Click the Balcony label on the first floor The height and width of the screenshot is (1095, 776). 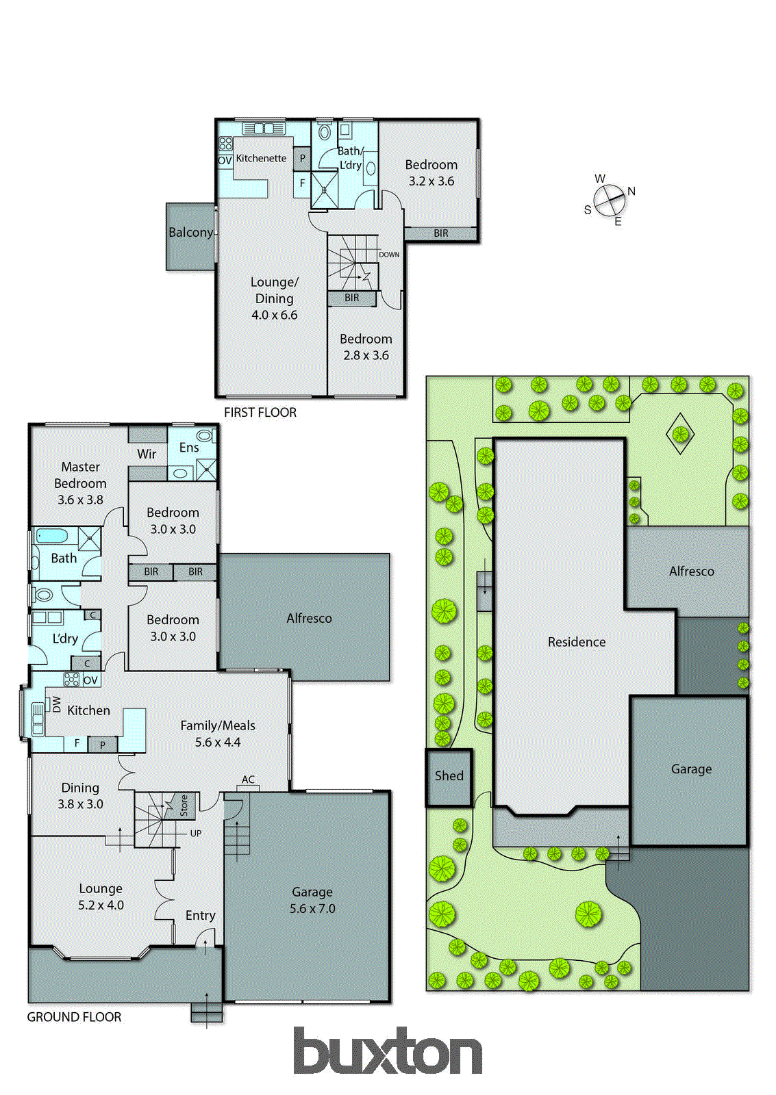pyautogui.click(x=190, y=233)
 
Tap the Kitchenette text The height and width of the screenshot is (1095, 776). pyautogui.click(x=261, y=158)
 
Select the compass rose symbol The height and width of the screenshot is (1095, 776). pyautogui.click(x=609, y=201)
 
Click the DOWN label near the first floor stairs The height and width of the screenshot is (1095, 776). pyautogui.click(x=389, y=255)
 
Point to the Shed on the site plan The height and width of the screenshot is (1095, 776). pyautogui.click(x=449, y=776)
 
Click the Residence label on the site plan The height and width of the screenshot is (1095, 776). pyautogui.click(x=577, y=642)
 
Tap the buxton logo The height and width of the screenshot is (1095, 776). pyautogui.click(x=388, y=1051)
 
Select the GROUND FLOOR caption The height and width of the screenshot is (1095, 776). pyautogui.click(x=74, y=1017)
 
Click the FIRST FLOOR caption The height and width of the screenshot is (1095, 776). pyautogui.click(x=260, y=413)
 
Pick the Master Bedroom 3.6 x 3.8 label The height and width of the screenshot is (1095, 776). pyautogui.click(x=80, y=483)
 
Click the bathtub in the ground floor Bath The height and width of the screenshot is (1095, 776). pyautogui.click(x=52, y=536)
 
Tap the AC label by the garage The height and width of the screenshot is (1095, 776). pyautogui.click(x=248, y=780)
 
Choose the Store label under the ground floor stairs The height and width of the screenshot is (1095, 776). pyautogui.click(x=184, y=806)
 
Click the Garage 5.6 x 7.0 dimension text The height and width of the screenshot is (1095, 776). pyautogui.click(x=312, y=909)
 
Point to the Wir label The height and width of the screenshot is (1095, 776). pyautogui.click(x=147, y=454)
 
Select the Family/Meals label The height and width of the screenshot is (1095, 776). pyautogui.click(x=218, y=725)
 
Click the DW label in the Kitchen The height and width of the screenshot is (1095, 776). pyautogui.click(x=56, y=704)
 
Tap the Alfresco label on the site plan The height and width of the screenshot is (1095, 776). pyautogui.click(x=691, y=571)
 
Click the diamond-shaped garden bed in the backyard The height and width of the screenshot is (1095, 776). pyautogui.click(x=680, y=434)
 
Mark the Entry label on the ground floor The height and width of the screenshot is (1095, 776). pyautogui.click(x=200, y=916)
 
